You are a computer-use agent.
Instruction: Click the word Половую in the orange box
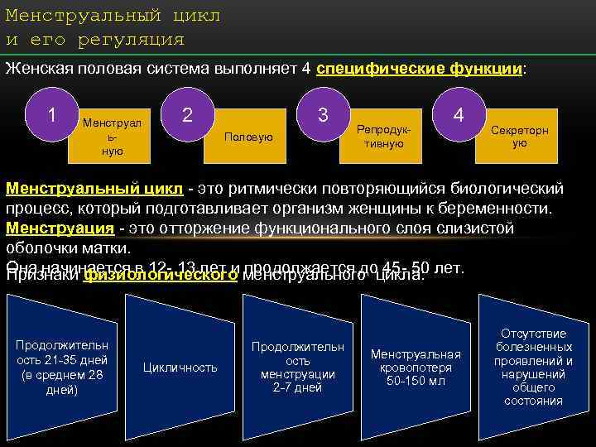248,137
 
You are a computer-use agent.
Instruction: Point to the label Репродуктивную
383,137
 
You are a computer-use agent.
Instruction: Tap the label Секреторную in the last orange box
519,137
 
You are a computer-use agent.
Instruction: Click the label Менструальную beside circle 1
113,137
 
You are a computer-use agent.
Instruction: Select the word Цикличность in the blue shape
180,367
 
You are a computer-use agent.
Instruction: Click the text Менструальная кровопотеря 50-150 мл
416,367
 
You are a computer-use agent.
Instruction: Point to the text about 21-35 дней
61,367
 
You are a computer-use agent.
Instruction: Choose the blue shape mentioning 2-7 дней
297,367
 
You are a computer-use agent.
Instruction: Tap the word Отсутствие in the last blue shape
533,333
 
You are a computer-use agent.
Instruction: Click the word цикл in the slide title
199,16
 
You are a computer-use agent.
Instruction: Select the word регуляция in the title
132,39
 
